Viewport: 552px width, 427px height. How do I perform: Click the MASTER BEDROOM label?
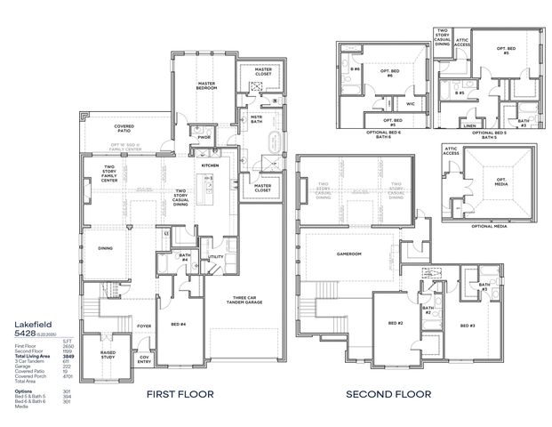point(206,86)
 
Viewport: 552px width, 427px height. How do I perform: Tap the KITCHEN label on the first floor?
point(210,165)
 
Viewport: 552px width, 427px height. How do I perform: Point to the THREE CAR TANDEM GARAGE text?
point(244,302)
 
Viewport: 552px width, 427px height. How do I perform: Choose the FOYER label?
point(144,326)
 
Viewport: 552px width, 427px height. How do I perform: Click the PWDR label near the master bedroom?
point(204,138)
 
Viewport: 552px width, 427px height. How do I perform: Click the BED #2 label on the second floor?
point(396,324)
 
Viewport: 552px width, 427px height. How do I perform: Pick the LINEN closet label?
point(468,125)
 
